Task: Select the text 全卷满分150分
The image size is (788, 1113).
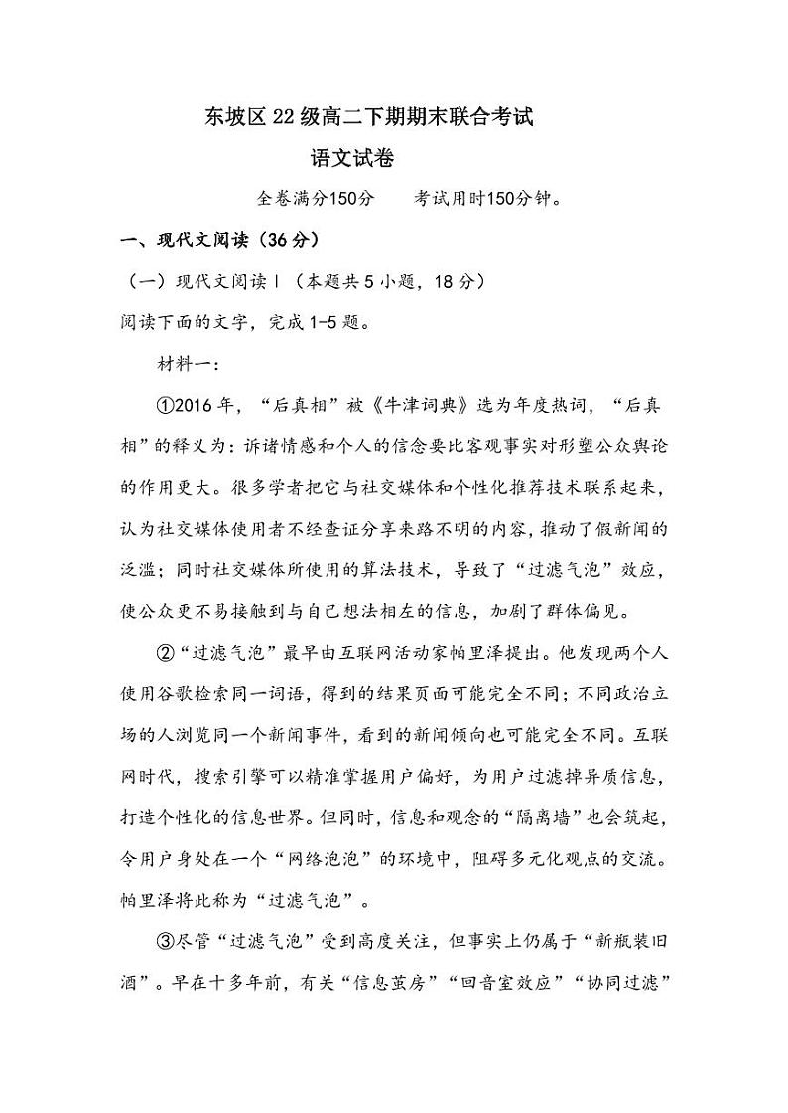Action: (x=316, y=198)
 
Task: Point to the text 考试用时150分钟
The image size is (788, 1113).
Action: (x=491, y=198)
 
